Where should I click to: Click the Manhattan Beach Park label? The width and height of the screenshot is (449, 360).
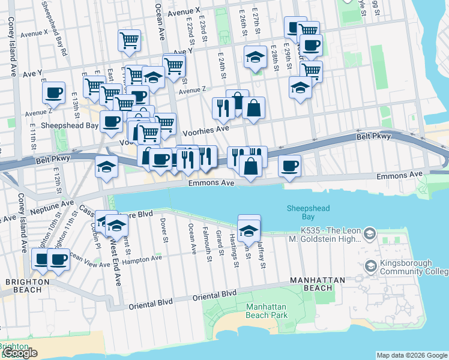click(267, 311)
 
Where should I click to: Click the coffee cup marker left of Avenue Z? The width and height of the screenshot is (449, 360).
click(54, 93)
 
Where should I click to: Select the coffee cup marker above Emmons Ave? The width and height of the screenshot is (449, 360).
click(289, 165)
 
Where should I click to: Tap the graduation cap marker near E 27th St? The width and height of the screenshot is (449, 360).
click(256, 58)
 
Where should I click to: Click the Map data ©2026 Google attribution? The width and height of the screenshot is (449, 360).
click(411, 355)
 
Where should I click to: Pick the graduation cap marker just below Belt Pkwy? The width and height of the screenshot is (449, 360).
click(106, 167)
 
